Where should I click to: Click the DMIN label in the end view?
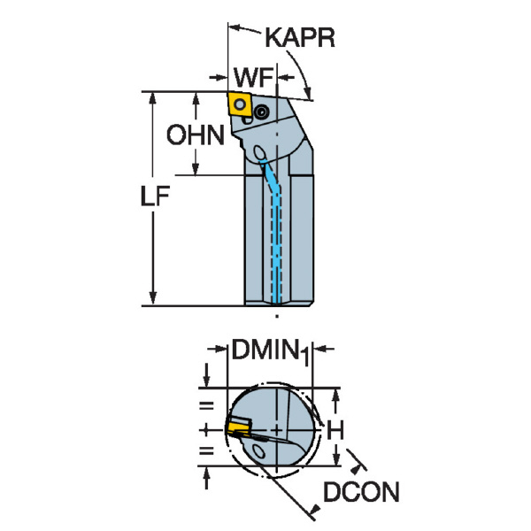coord(263,351)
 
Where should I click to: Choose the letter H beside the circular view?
coord(335,431)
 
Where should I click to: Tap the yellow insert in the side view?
coord(239,104)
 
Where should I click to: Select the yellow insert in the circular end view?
coord(237,428)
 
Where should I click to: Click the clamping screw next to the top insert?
coord(261,112)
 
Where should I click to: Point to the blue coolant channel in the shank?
coord(280,239)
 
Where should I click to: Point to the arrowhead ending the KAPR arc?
coord(308,95)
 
